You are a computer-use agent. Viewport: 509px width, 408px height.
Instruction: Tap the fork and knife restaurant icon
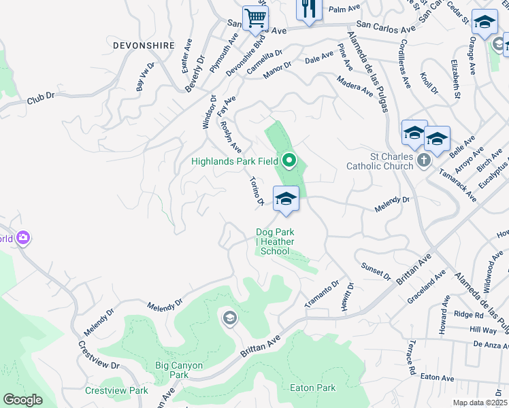[308, 8]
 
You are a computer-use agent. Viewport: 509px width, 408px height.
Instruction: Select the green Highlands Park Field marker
[289, 161]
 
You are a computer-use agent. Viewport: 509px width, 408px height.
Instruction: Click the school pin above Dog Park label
[286, 199]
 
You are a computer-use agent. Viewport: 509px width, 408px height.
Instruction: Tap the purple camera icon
[24, 238]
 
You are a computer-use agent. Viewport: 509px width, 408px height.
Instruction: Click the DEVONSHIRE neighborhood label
[135, 45]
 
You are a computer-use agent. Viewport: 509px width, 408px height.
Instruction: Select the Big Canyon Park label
[179, 370]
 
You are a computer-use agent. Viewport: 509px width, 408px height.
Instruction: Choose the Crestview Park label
[116, 390]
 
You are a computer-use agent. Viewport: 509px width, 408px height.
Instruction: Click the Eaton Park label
[312, 388]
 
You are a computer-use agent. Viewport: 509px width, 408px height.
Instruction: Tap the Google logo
[22, 400]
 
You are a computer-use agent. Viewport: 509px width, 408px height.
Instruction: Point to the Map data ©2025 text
[480, 403]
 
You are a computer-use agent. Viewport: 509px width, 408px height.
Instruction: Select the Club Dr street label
[40, 99]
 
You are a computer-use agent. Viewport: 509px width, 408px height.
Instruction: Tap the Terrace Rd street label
[412, 359]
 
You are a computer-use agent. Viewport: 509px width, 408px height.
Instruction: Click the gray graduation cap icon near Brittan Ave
[229, 318]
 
